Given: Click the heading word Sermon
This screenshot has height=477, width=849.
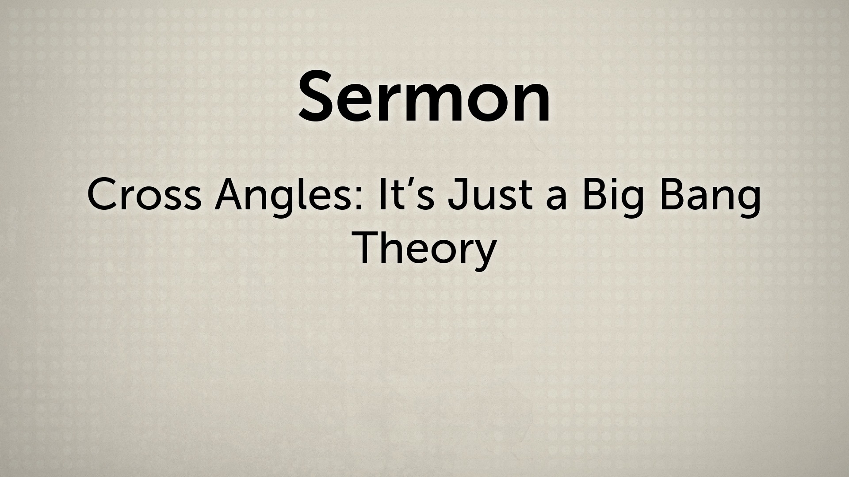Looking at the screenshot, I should pos(424,96).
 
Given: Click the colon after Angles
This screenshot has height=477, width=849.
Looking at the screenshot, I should pos(363,200).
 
